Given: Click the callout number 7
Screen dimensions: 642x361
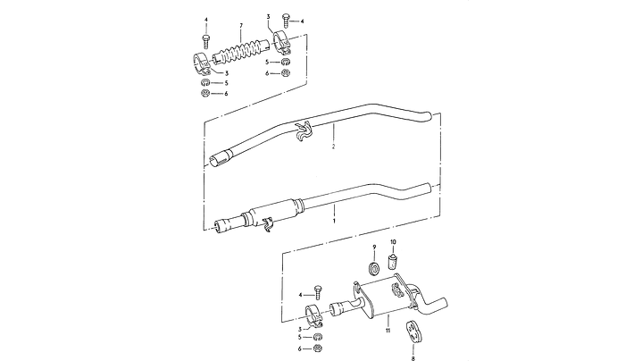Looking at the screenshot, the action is click(x=241, y=26).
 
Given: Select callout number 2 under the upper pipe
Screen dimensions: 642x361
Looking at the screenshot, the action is click(x=333, y=147).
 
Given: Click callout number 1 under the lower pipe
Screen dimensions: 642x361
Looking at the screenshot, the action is click(x=334, y=221).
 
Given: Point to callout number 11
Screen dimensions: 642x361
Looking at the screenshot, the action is click(x=388, y=331).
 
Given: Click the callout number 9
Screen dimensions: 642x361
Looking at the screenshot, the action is click(x=374, y=247).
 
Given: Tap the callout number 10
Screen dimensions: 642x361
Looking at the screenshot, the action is click(x=393, y=242).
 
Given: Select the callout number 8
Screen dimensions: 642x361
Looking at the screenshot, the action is click(x=413, y=358).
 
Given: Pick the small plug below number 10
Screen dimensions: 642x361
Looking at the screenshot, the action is click(x=393, y=262).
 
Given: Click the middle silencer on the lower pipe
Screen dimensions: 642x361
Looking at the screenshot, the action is click(x=277, y=212).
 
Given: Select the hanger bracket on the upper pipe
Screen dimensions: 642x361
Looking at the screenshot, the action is click(x=303, y=132).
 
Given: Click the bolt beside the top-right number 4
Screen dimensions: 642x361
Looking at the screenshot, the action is click(x=286, y=20).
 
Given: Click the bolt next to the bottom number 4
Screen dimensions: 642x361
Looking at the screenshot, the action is click(x=318, y=292).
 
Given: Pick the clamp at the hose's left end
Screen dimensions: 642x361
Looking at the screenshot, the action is click(x=203, y=64).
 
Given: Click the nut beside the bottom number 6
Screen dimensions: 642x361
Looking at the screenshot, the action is click(x=316, y=348).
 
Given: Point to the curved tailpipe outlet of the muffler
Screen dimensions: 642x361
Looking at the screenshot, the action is click(x=433, y=306).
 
